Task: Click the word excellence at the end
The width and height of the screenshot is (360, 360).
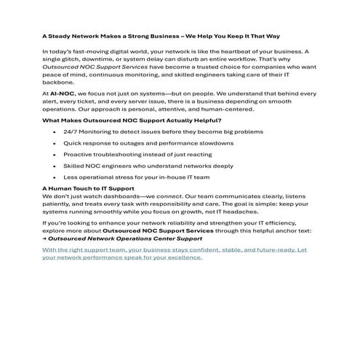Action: (x=180, y=257)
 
